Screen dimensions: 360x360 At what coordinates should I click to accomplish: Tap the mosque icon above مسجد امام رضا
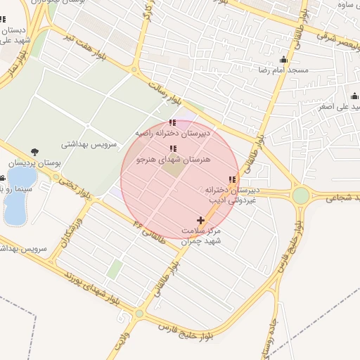tap(283, 60)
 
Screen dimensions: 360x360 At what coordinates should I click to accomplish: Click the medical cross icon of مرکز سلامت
tap(201, 221)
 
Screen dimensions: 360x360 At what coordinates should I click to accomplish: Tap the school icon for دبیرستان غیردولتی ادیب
tap(233, 180)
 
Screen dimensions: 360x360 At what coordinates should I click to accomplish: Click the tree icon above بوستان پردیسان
tap(34, 152)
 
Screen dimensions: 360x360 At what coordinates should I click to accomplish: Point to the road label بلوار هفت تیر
tap(86, 43)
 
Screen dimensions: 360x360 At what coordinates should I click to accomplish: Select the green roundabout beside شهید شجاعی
tap(301, 195)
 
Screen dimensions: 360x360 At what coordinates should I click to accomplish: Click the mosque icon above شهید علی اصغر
tap(354, 96)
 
